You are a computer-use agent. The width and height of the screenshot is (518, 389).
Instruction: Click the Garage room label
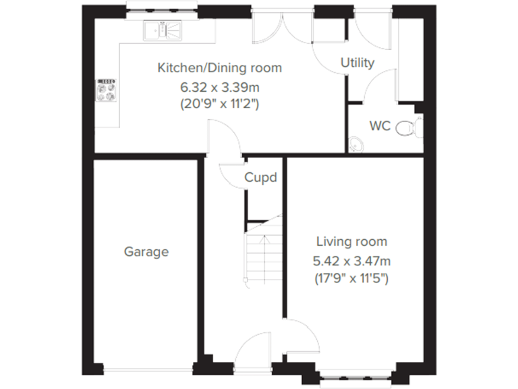(x=146, y=252)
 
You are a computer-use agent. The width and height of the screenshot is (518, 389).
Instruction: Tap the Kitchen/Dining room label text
(x=219, y=68)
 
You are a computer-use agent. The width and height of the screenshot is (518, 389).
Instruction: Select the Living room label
(x=352, y=242)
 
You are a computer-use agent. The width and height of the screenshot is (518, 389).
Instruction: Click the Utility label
(x=357, y=63)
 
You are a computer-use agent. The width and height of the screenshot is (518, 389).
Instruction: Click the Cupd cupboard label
(x=261, y=178)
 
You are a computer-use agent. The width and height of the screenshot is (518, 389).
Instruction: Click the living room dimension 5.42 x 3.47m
(x=352, y=260)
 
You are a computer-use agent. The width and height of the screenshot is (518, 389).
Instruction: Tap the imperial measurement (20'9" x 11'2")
(x=219, y=104)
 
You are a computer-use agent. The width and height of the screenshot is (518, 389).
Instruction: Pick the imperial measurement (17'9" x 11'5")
(x=352, y=278)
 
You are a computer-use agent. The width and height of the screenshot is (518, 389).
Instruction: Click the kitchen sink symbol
(x=162, y=30)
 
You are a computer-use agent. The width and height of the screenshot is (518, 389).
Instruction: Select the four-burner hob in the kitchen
(x=107, y=91)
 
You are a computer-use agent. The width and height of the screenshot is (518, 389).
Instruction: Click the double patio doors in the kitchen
(x=284, y=27)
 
